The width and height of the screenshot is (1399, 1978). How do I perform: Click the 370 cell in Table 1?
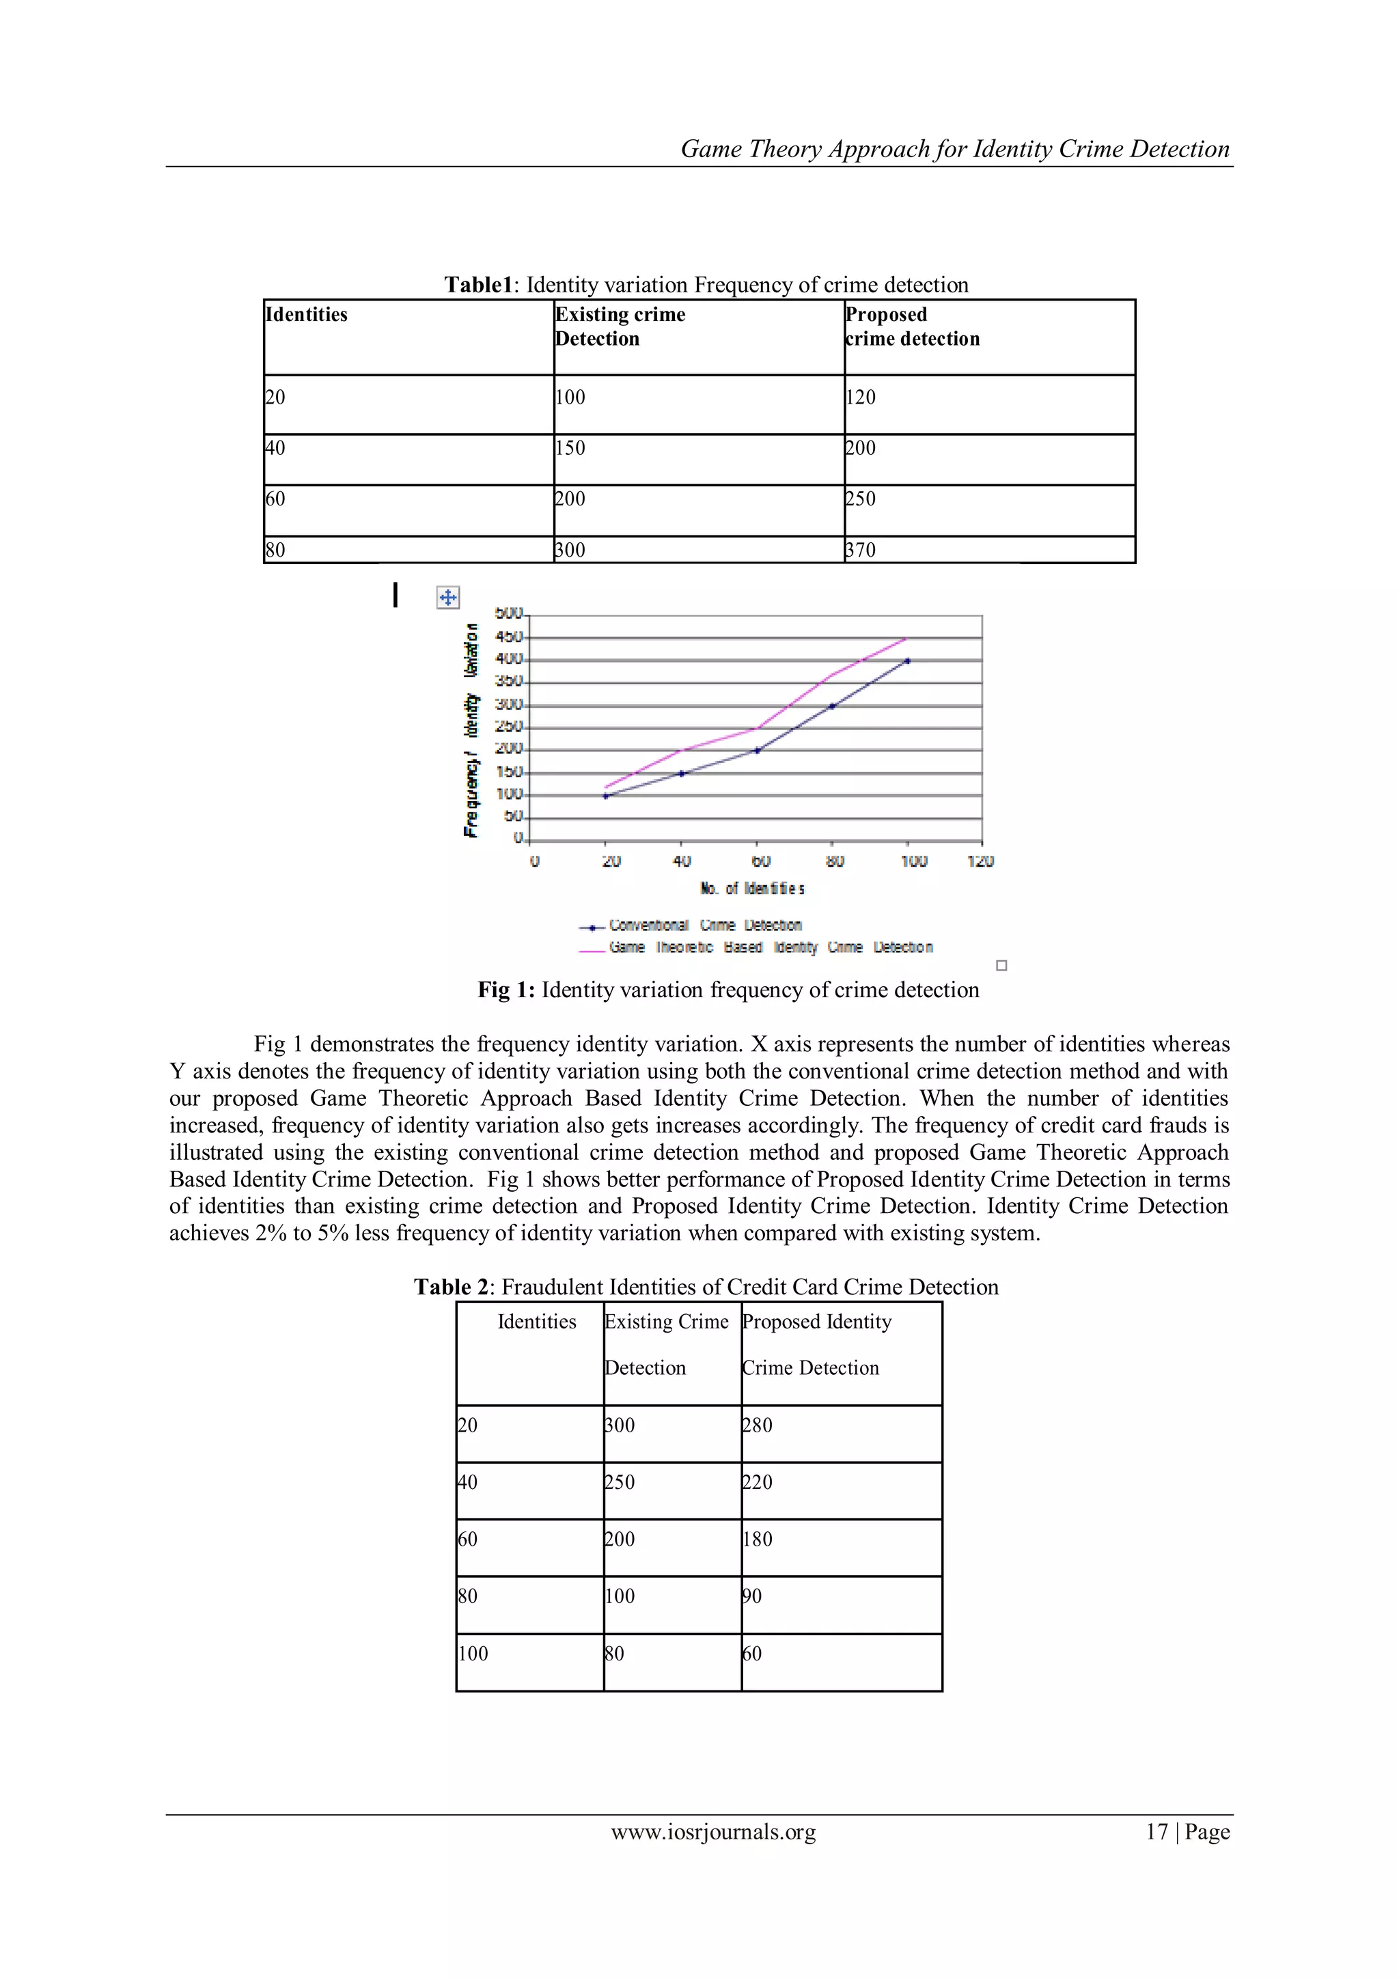[x=861, y=550]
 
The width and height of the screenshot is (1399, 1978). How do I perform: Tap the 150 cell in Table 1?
[x=570, y=448]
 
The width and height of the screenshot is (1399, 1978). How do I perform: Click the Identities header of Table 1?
[x=307, y=314]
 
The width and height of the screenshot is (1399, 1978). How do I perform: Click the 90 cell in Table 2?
[x=752, y=1596]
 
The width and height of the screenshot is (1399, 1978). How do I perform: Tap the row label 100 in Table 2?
[x=473, y=1653]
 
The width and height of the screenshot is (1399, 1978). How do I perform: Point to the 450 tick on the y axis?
[x=508, y=637]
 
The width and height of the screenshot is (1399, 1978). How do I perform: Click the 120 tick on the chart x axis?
[x=980, y=861]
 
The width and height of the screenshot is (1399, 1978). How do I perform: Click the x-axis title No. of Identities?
[x=753, y=888]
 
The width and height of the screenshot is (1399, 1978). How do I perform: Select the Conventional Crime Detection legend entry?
[x=705, y=925]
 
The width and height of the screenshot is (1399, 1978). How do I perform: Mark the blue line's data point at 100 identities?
[x=907, y=660]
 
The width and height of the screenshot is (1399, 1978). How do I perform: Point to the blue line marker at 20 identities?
[x=606, y=796]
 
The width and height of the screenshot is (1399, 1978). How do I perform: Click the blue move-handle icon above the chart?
[x=449, y=597]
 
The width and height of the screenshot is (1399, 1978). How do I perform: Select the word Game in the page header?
[x=710, y=150]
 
